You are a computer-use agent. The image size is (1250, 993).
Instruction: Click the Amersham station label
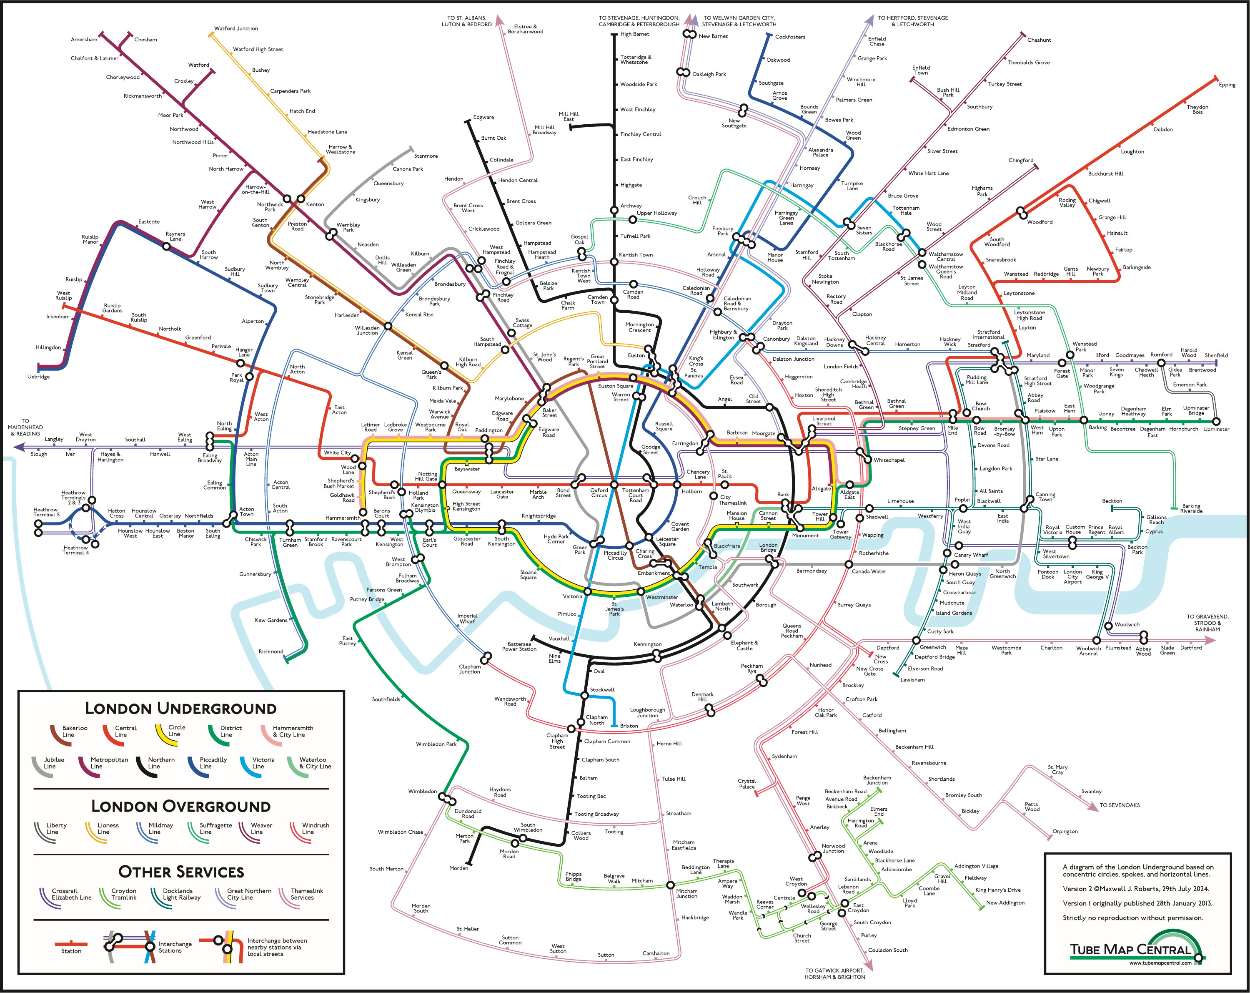84,40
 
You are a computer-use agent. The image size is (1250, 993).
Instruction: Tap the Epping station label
1227,85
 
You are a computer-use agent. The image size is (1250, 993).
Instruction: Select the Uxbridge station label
38,377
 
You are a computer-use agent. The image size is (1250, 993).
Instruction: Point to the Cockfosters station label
790,37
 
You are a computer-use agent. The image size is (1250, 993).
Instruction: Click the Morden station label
458,868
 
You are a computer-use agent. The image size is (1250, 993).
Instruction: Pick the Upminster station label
1216,429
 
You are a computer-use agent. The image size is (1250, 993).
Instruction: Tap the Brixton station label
629,726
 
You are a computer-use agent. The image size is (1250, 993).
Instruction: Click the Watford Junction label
236,28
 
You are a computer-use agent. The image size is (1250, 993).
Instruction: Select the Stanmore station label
426,156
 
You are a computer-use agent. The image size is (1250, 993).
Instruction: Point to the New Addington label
1005,902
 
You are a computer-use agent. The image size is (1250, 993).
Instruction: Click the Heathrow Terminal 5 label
46,512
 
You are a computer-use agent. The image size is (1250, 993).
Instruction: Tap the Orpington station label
1065,831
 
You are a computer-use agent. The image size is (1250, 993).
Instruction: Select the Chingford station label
1020,160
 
